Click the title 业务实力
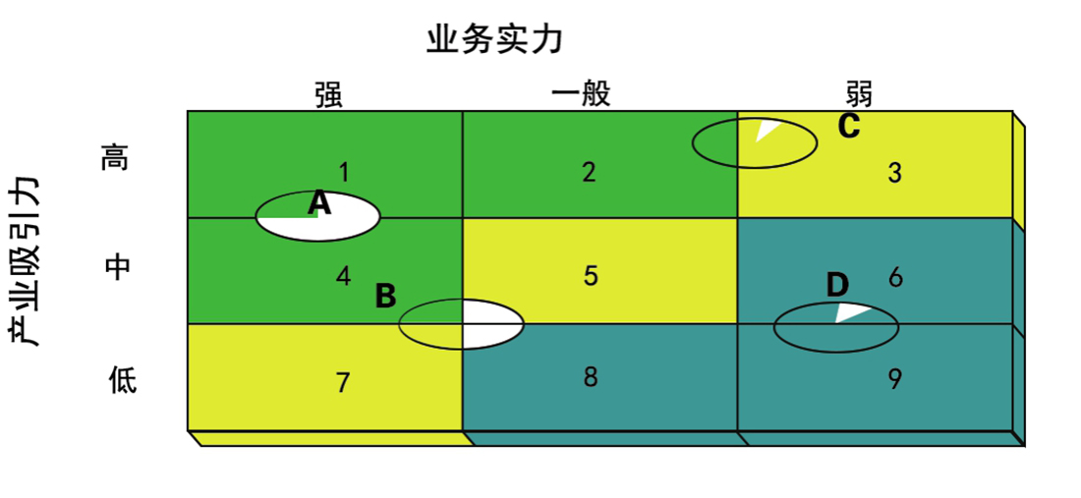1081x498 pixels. tap(494, 40)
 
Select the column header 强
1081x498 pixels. tap(328, 94)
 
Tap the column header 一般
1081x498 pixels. tap(581, 94)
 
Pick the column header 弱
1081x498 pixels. tap(858, 93)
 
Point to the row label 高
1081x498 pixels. tap(114, 159)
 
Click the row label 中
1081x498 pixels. tap(117, 266)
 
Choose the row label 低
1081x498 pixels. tap(124, 378)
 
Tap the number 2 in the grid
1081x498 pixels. tap(588, 172)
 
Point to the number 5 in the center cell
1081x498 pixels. tap(591, 275)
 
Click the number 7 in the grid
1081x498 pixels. tap(343, 383)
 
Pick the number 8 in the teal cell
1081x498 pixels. tap(591, 377)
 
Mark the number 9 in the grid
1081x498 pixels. tap(894, 379)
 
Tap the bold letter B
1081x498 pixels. tap(386, 297)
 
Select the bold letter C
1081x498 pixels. tap(849, 126)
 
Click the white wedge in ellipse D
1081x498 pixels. tap(852, 313)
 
